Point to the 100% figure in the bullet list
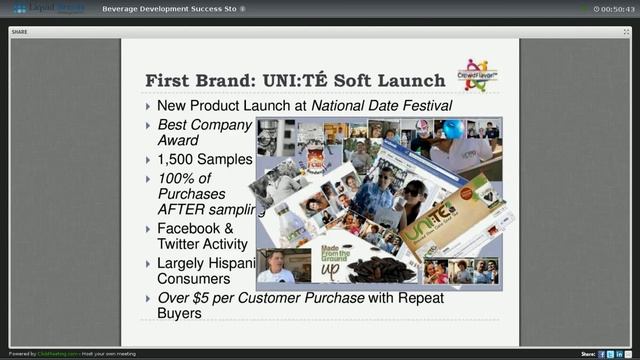point(178,178)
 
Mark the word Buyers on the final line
point(179,313)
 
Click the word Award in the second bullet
point(178,140)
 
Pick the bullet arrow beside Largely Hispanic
point(148,264)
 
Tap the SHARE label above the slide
point(20,32)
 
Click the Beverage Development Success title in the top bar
point(169,9)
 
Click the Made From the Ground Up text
point(335,263)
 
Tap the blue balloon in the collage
point(452,130)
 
